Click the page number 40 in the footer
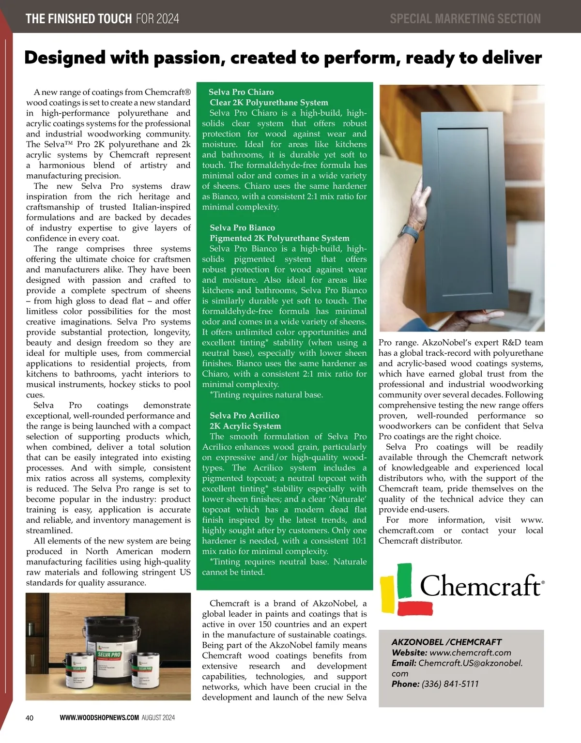coord(30,718)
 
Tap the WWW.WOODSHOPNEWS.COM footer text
coord(99,718)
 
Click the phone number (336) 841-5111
coord(450,684)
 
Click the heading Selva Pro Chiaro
coord(241,92)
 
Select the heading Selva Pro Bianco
coord(242,227)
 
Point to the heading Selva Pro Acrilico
coord(244,415)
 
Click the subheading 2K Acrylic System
coord(245,426)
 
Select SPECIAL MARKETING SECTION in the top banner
coord(465,19)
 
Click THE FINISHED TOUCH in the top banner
coord(78,19)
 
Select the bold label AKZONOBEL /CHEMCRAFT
coord(446,642)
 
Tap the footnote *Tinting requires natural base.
coord(266,395)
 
